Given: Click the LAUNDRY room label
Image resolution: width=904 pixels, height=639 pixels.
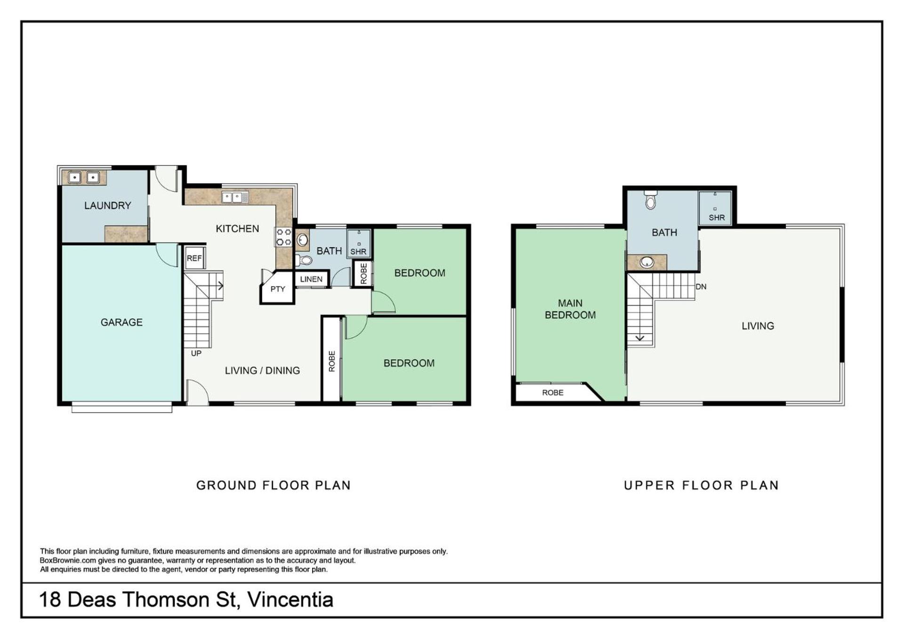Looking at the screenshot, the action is coord(107,205).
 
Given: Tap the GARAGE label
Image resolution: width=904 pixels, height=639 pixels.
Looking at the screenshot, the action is coord(121,322).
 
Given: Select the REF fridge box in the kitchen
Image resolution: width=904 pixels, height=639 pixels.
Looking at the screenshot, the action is coord(194,258).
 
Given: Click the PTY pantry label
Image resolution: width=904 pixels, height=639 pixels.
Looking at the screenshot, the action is coord(278,289).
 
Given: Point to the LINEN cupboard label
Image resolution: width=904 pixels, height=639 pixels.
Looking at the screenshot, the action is coord(311,279).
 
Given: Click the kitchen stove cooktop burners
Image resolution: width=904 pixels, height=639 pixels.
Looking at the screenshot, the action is coord(283,237).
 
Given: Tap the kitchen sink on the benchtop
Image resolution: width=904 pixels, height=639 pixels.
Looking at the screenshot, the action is coord(235,197).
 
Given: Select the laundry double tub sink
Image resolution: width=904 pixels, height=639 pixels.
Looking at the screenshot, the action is coord(84,178).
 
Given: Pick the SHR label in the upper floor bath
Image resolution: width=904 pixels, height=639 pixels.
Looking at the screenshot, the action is coord(717,218).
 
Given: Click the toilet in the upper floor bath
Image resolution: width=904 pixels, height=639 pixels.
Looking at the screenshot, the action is coord(651,200).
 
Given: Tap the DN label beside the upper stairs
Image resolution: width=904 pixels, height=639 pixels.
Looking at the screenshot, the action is coord(701,286).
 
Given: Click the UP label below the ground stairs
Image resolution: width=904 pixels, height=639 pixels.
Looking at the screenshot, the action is coord(196,353).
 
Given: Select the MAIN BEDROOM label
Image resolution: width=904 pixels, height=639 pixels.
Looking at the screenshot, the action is coord(570,309).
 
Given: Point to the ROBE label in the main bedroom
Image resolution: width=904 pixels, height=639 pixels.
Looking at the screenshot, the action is coord(553,393).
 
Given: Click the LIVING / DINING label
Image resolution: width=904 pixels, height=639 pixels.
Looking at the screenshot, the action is coord(262,371).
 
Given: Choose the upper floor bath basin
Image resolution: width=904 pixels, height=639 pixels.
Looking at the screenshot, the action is coord(647,262).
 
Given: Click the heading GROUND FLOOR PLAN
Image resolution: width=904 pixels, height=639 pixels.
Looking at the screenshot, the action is coord(274,485).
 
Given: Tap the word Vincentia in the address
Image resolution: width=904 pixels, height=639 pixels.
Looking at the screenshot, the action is coord(291,599).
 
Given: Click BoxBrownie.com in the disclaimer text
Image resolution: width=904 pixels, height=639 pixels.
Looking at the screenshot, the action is coord(68,560).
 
